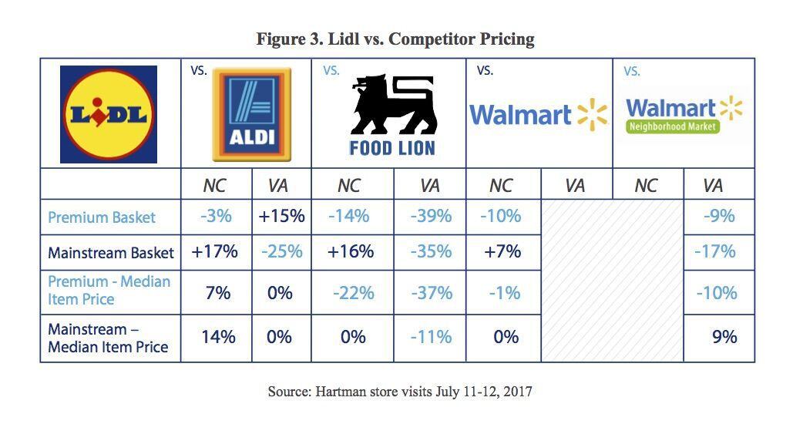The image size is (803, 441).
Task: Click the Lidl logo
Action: [109, 114]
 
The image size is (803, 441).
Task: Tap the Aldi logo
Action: [251, 114]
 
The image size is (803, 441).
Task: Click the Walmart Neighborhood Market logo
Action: [684, 115]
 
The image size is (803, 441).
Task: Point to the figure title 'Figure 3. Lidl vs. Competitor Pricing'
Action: [395, 39]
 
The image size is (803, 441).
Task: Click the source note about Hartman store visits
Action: [400, 392]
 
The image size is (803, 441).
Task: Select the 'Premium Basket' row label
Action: [102, 217]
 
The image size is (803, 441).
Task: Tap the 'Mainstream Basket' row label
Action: [111, 253]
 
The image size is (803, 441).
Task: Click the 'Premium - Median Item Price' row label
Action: [109, 290]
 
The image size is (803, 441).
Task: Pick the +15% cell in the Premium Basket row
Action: [281, 217]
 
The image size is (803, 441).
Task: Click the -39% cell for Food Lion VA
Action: [429, 217]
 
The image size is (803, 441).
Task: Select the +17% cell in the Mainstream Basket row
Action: [216, 251]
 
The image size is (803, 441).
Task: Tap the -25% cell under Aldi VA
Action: [281, 251]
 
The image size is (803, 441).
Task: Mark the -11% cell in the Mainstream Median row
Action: [429, 337]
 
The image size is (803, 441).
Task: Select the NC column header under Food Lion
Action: [349, 186]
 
